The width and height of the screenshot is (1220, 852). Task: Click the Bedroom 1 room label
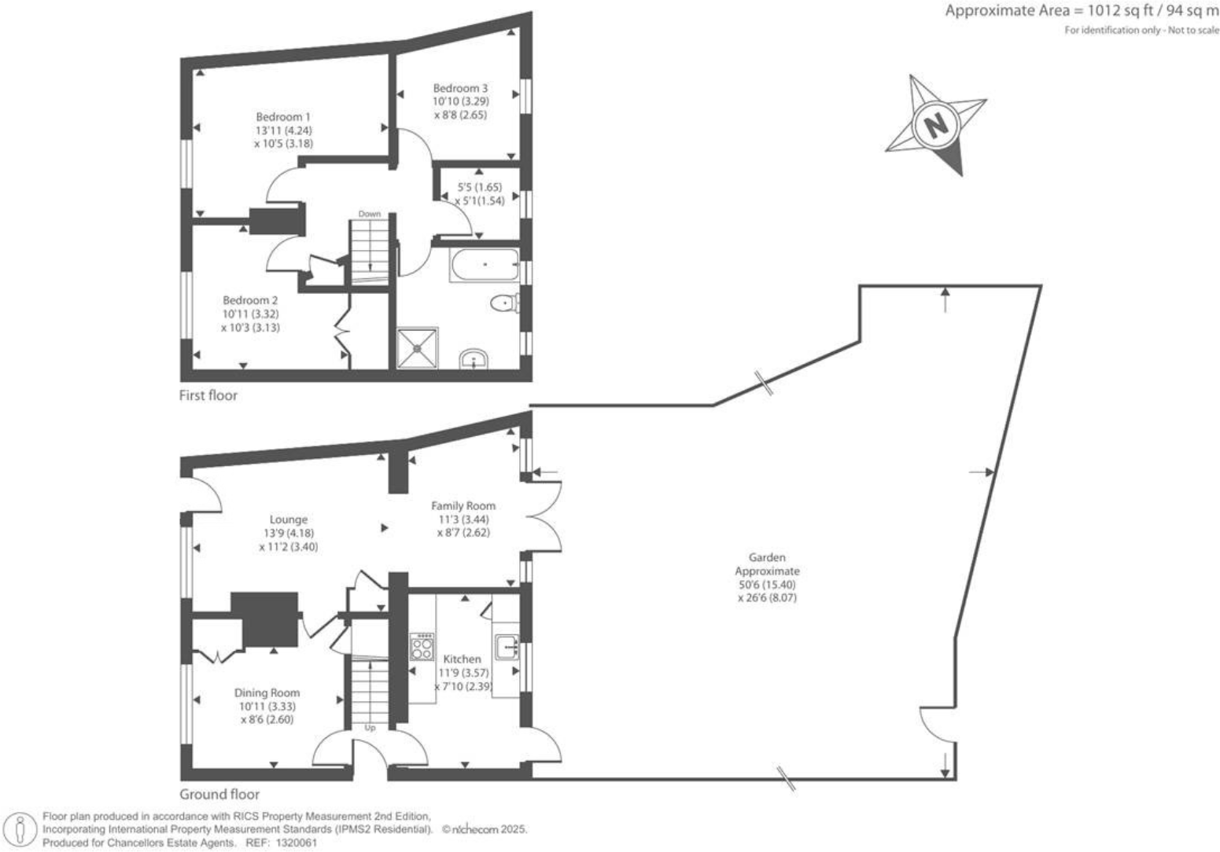coord(282,117)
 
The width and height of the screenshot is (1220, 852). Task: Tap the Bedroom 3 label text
coord(460,88)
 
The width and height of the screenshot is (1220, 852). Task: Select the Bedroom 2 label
coord(250,300)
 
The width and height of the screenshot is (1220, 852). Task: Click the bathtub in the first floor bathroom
coord(485,265)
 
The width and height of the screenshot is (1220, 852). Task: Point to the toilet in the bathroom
coord(503,303)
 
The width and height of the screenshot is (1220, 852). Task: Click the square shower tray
coord(418,348)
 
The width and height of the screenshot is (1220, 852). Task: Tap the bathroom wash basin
coord(474,360)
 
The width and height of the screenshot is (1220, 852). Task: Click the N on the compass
coord(935,125)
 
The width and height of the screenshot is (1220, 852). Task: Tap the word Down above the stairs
coord(369,214)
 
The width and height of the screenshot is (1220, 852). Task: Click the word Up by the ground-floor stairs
coord(370,728)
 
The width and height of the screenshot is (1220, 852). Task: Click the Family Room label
coord(463,505)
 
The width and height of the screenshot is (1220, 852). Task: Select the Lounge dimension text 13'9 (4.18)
coord(288,533)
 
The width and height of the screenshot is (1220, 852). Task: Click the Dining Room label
coord(267,692)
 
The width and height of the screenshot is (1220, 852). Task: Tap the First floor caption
coord(208,395)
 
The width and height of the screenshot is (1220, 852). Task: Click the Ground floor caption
coord(219,794)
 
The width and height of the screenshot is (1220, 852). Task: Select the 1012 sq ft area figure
coord(1113,11)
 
